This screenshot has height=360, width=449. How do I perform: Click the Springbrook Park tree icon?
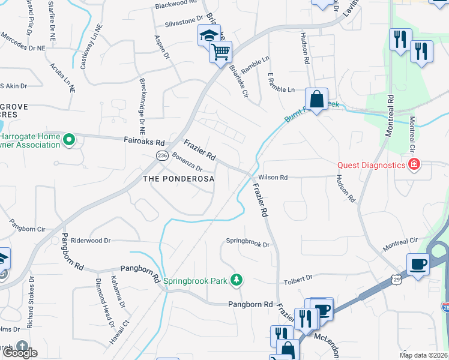coord(237,279)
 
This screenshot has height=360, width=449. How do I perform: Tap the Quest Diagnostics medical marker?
coord(414,164)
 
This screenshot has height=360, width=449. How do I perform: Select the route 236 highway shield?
coord(161,155)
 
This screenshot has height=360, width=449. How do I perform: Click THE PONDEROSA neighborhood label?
coord(178,179)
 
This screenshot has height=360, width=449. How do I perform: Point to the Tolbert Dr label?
coord(298,278)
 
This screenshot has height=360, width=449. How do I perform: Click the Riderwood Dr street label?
coord(91,241)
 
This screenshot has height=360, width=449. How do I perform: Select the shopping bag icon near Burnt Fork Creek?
coord(316,98)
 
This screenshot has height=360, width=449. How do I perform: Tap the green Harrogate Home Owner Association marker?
coord(69,141)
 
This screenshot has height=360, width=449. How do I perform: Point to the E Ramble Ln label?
coord(281,89)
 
